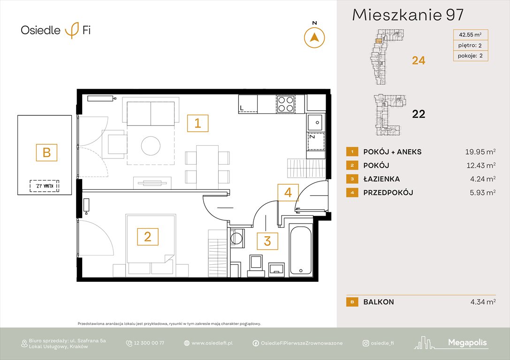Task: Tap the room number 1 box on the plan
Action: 198,123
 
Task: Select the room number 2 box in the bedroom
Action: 147,237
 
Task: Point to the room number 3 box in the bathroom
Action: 267,241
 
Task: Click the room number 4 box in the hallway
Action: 288,192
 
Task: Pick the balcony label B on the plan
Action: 46,152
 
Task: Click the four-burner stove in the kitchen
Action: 285,104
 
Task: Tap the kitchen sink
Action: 315,122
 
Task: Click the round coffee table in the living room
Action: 151,144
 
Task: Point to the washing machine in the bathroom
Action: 237,238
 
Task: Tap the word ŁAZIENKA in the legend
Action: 382,179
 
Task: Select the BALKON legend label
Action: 379,302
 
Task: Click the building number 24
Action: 419,60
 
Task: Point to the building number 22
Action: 419,114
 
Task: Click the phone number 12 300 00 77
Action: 149,343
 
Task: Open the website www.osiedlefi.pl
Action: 212,343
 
